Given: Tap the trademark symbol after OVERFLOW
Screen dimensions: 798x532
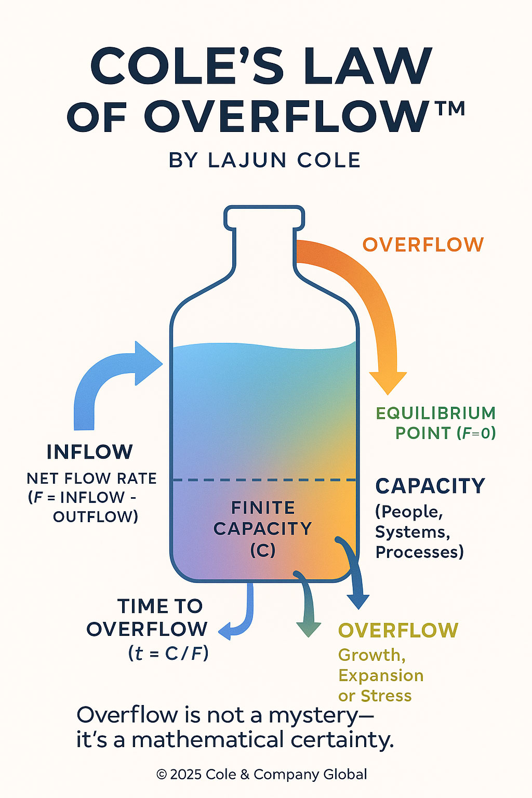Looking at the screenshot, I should [x=448, y=110].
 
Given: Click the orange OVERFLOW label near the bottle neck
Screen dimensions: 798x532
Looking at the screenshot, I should [x=423, y=245].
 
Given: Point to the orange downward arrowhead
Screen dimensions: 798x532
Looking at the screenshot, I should [x=388, y=382].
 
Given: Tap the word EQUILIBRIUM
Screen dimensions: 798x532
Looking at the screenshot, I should [x=435, y=414].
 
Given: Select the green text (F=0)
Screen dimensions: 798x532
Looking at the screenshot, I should [x=476, y=433].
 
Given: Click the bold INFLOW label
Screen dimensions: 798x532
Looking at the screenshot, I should [x=90, y=452].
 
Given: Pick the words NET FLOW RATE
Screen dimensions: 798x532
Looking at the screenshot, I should [x=91, y=478].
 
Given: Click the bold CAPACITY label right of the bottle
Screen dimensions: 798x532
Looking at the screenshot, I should [x=430, y=486].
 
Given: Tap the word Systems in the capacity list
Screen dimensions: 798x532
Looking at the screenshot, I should [x=412, y=532].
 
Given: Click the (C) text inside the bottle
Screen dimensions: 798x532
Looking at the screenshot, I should [x=262, y=550].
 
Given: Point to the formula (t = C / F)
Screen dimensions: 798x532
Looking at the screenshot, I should [x=168, y=653].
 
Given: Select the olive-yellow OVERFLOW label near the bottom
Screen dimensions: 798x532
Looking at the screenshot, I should [x=398, y=631].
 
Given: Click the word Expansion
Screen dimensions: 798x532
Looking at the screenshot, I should [x=381, y=675].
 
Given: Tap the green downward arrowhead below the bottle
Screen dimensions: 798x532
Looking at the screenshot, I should [x=308, y=629].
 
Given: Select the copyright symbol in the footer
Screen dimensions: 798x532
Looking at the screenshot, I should [x=162, y=775].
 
